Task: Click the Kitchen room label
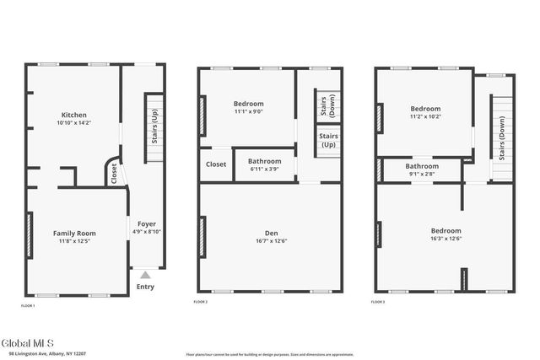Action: point(74,115)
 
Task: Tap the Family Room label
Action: point(74,234)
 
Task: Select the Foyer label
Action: point(147,224)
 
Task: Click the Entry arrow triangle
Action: point(145,275)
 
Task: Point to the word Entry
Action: point(145,287)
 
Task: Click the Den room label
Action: point(271,234)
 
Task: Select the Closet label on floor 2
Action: point(216,164)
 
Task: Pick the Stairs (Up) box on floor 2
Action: point(328,140)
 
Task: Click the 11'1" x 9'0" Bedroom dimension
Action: point(248,111)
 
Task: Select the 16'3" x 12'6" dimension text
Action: point(445,238)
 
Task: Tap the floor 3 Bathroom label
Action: point(421,166)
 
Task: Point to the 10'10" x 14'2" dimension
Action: point(74,123)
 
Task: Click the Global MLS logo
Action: point(27,342)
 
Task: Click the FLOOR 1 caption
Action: point(28,304)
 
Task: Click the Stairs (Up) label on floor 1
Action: point(154,126)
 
